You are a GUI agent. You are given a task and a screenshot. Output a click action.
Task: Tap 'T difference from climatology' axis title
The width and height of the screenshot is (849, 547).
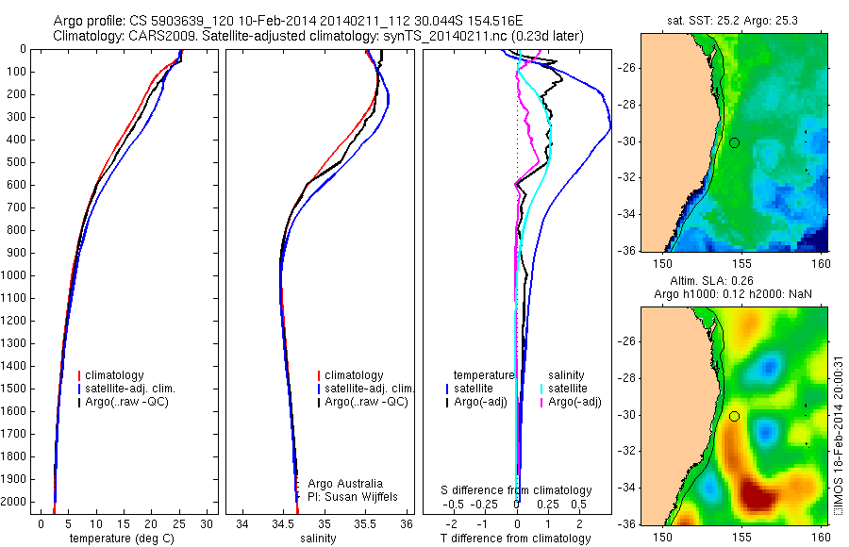(x=515, y=539)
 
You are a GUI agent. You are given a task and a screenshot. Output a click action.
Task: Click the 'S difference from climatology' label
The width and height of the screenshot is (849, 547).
(x=516, y=490)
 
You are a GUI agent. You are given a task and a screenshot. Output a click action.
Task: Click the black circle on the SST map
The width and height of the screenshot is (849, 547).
(x=734, y=142)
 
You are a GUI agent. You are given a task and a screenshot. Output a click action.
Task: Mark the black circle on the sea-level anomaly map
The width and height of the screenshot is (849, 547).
(x=734, y=416)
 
